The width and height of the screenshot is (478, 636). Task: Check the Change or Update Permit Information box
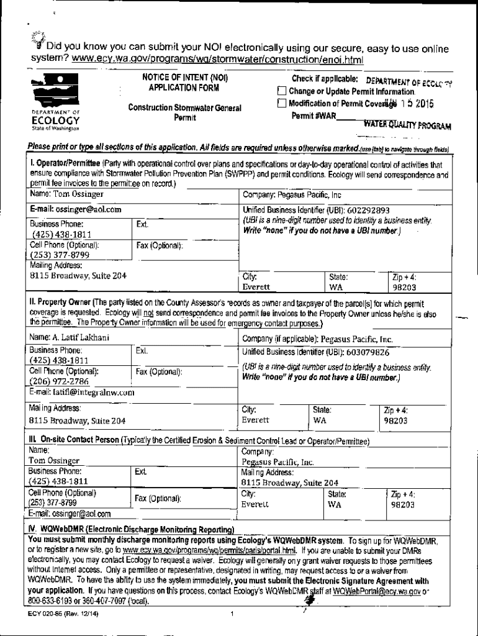tap(282, 92)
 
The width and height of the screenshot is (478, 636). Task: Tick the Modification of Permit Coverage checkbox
tap(282, 103)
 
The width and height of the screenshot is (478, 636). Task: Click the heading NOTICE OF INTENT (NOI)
tap(185, 79)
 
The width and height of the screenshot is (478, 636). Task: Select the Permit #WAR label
tap(313, 116)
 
